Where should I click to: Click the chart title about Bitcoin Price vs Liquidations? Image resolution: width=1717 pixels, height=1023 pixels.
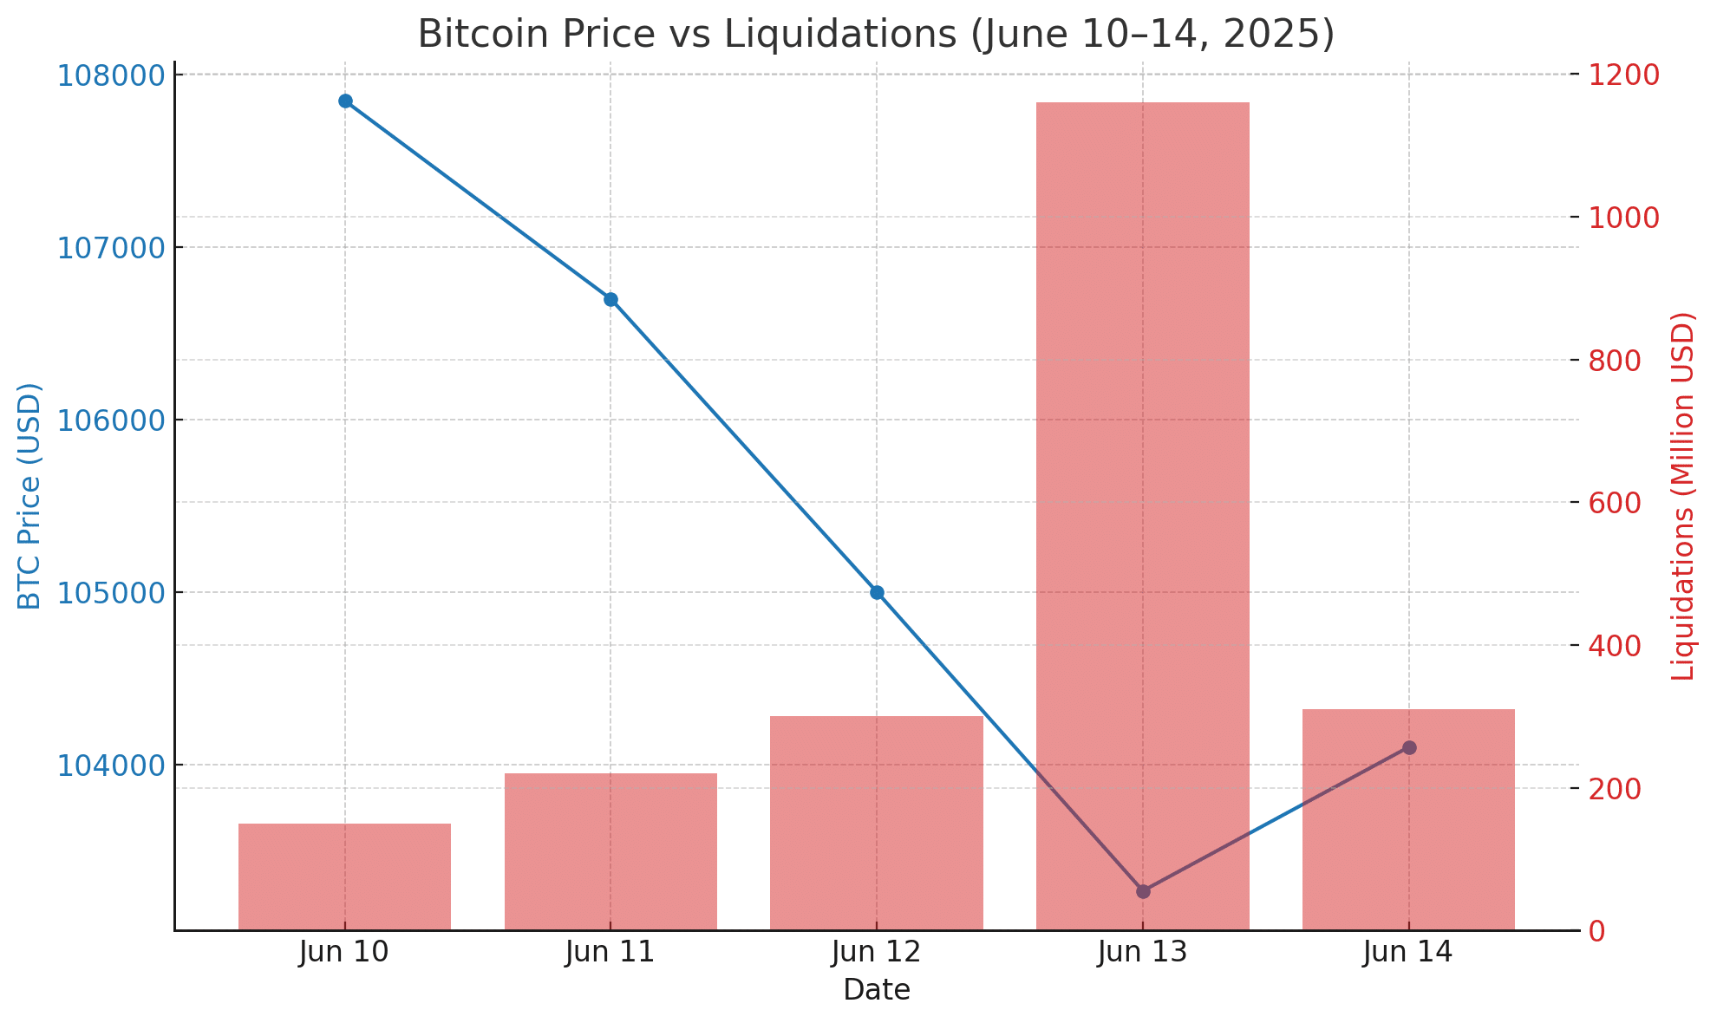[876, 35]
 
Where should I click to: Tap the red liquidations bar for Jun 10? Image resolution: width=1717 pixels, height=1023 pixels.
[344, 876]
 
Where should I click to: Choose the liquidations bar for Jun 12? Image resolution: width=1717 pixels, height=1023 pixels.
[876, 823]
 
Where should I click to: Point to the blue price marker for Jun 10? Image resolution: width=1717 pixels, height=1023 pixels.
[345, 101]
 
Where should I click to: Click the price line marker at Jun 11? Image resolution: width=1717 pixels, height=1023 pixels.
[610, 300]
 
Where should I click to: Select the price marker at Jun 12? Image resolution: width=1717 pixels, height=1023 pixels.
[877, 593]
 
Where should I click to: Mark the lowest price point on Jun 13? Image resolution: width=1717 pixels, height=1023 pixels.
[1143, 891]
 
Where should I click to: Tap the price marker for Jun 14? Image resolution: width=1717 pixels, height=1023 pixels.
[1409, 747]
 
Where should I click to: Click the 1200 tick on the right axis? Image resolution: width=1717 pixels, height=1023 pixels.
[1623, 75]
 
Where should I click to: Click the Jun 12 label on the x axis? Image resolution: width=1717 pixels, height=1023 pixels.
[876, 954]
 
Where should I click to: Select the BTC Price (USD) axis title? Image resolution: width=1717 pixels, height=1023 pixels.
[30, 496]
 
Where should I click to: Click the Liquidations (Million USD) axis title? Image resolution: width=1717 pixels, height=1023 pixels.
[1682, 496]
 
